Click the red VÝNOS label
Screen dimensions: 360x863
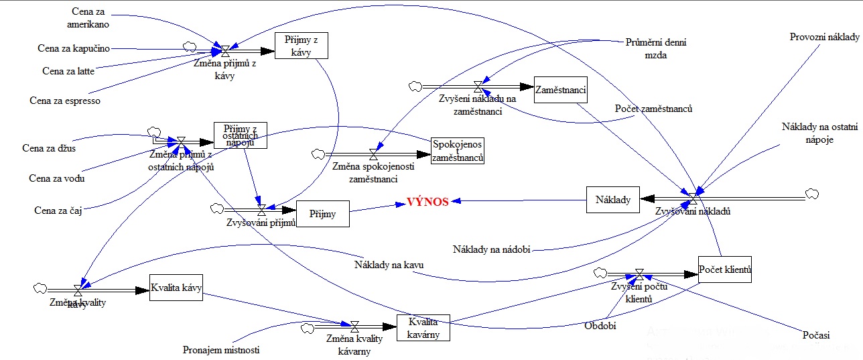click(x=427, y=202)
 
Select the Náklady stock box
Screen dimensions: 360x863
click(x=612, y=199)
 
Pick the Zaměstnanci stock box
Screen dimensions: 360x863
click(x=560, y=89)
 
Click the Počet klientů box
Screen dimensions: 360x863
click(x=724, y=270)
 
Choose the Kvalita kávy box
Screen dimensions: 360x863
click(x=176, y=288)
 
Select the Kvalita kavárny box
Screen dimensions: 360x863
click(x=423, y=328)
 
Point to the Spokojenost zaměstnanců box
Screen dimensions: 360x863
click(x=457, y=151)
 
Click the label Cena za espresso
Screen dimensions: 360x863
click(x=65, y=101)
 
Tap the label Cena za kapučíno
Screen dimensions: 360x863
click(x=74, y=48)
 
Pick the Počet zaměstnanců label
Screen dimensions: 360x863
click(x=653, y=109)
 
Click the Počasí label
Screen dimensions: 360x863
click(x=815, y=335)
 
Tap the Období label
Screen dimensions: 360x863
click(x=600, y=325)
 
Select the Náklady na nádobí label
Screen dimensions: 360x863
click(x=492, y=249)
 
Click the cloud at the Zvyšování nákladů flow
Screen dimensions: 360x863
click(x=812, y=194)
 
